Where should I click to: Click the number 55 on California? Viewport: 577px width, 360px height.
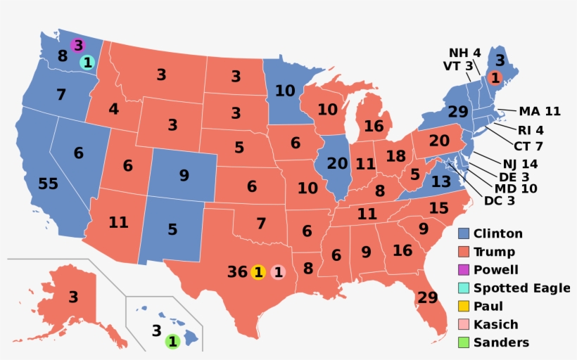click(x=49, y=184)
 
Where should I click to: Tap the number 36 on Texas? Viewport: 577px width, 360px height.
click(x=237, y=272)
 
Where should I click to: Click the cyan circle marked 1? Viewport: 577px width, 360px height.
click(x=87, y=63)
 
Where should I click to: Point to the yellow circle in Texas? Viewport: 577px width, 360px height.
click(x=258, y=272)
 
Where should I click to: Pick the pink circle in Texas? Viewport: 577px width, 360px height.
click(x=279, y=272)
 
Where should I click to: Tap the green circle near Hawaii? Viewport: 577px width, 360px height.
click(x=172, y=342)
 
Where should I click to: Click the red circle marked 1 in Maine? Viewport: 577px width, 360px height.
click(x=495, y=78)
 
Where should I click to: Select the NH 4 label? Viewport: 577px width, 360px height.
click(x=465, y=53)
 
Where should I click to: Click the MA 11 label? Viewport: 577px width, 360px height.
click(x=540, y=111)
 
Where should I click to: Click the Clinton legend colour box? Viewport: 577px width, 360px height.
click(x=463, y=233)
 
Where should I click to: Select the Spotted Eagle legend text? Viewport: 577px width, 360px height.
click(x=521, y=288)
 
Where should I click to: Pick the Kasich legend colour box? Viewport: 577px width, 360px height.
click(x=463, y=325)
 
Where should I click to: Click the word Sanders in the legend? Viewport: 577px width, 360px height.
click(x=501, y=343)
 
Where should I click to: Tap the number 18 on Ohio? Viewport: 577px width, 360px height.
click(x=396, y=156)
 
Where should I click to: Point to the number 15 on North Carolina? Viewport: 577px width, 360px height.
click(x=438, y=208)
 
